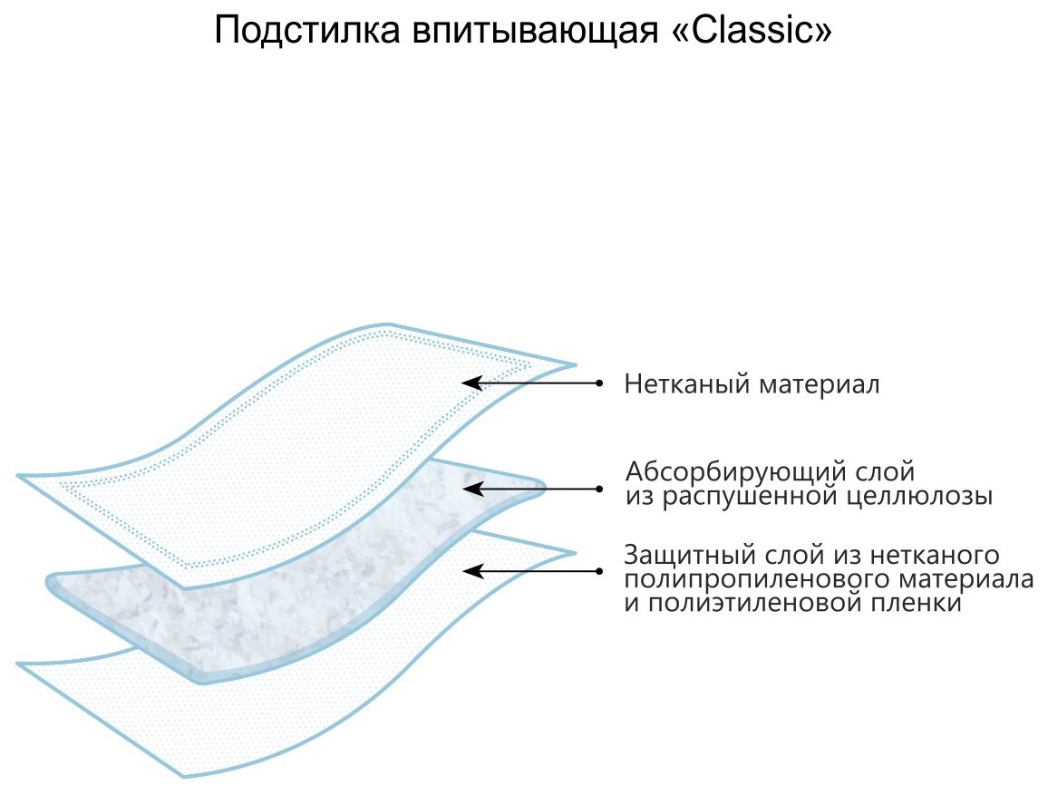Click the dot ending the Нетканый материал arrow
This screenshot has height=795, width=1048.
click(598, 383)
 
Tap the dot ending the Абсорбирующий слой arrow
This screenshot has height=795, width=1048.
click(598, 489)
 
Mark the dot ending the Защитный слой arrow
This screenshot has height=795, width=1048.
click(598, 571)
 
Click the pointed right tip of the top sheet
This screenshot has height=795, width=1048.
click(574, 365)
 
